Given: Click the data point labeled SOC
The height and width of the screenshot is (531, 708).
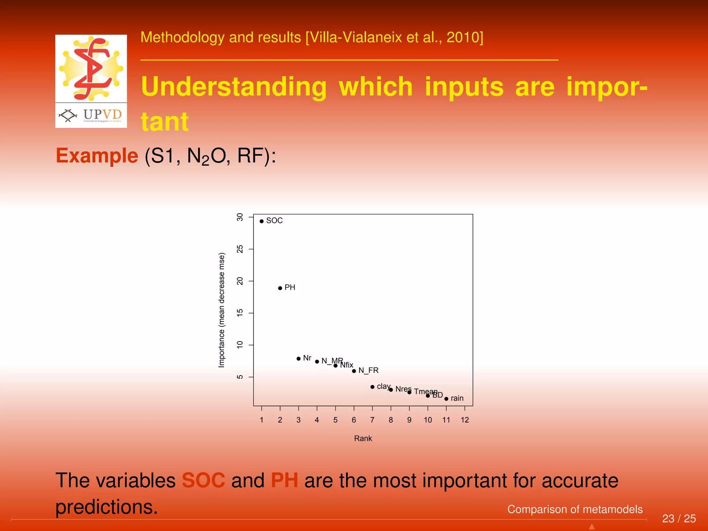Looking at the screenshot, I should tap(262, 221).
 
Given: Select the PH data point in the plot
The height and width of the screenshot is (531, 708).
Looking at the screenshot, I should tap(280, 288).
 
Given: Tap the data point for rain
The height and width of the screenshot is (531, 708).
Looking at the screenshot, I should tap(446, 399).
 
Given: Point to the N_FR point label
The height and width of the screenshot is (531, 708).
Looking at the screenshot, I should tap(369, 370).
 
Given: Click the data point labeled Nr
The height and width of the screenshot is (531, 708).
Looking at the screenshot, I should tap(298, 358).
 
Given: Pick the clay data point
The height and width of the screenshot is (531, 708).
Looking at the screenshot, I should tap(372, 387).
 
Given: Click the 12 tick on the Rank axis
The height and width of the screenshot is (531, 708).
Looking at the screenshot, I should tap(465, 420).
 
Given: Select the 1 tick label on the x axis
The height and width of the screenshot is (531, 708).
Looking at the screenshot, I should tap(262, 420).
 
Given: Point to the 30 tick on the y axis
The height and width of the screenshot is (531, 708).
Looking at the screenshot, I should tap(240, 217).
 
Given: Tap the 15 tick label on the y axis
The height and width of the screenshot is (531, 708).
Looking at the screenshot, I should tap(240, 313).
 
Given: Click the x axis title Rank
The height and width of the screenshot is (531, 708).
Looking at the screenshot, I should tap(363, 438).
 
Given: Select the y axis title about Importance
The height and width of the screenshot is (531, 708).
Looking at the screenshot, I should tap(222, 310).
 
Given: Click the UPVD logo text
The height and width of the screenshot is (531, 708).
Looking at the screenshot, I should tap(102, 114).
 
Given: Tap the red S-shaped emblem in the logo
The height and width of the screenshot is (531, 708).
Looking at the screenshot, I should tap(92, 68).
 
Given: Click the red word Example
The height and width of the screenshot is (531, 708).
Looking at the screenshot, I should tap(97, 156).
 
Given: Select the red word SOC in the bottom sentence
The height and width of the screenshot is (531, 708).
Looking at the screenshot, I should tap(203, 480).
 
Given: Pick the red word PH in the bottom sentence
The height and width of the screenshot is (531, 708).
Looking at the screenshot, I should tap(284, 480).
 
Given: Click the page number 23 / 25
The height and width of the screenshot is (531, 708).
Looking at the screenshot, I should tap(679, 519).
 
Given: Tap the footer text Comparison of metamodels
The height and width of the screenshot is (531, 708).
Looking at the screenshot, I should tap(575, 509).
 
